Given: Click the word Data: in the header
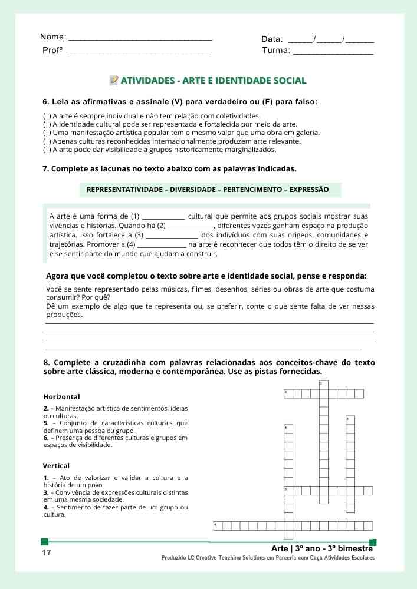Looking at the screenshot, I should click(x=272, y=39).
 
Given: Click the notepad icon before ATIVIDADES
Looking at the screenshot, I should click(x=114, y=80).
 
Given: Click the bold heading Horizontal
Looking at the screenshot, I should click(x=61, y=397).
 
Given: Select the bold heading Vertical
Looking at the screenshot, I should click(x=56, y=466).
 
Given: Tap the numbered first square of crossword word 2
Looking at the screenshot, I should click(x=288, y=393).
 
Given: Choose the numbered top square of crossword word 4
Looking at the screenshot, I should click(x=288, y=429).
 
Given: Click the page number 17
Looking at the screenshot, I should click(x=47, y=553).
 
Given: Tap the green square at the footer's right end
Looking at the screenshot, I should click(x=372, y=542).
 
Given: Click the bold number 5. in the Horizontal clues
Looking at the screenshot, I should click(x=46, y=423).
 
